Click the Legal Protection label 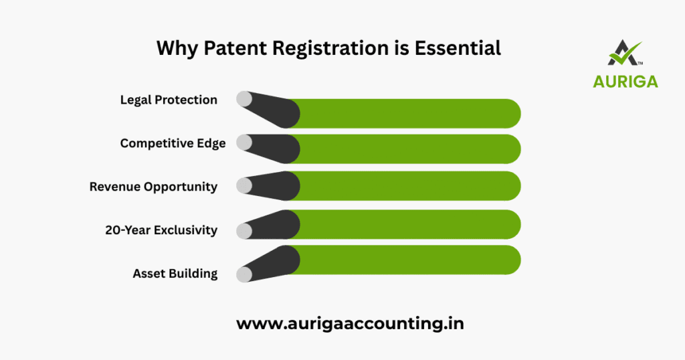169,100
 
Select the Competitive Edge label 173,143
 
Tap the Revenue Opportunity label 153,187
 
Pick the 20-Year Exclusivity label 161,230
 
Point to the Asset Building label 175,273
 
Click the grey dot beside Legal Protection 244,100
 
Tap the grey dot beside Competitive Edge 244,143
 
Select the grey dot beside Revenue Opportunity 244,187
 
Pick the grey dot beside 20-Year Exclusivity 244,231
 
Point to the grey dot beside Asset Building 244,274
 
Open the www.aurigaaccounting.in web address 350,323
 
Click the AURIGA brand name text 625,81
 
